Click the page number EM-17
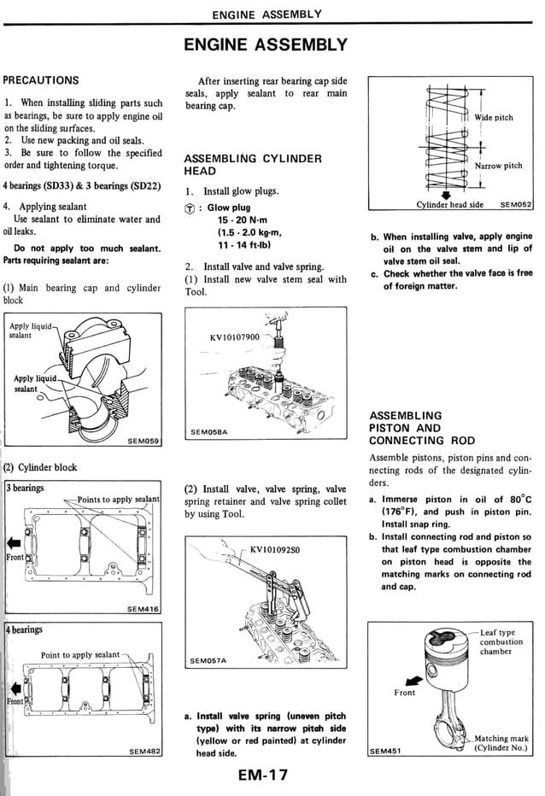(x=264, y=776)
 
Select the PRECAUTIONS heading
(x=41, y=80)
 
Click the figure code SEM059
(x=144, y=441)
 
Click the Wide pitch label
(x=494, y=117)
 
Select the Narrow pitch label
(x=498, y=166)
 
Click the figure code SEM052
(x=515, y=205)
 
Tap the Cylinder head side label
(x=449, y=205)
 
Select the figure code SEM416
(x=143, y=608)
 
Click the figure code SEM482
(x=143, y=752)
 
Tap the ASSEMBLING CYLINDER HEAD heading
(x=253, y=165)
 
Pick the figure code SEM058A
(x=210, y=432)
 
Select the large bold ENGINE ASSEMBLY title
(x=266, y=44)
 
